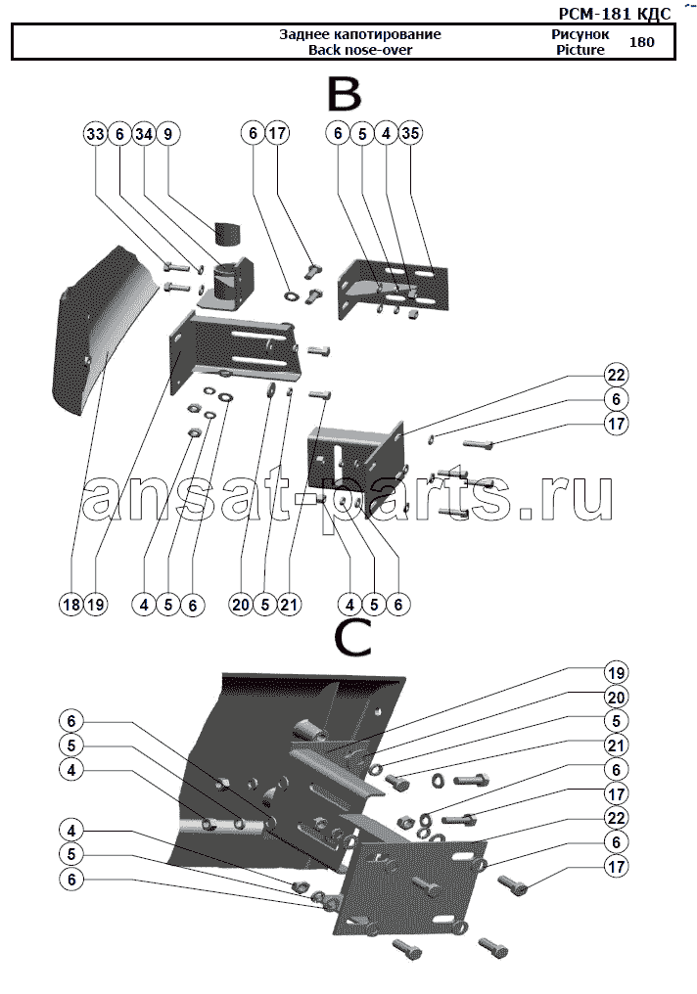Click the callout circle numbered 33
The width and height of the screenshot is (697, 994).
click(95, 134)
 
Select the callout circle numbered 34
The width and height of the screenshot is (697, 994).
click(144, 134)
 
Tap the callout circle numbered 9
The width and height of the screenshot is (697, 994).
click(168, 134)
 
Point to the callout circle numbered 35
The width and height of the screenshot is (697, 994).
click(410, 133)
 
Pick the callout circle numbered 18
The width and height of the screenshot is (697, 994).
click(71, 605)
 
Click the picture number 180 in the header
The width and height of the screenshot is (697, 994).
click(641, 42)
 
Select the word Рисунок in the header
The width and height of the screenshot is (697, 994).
click(580, 34)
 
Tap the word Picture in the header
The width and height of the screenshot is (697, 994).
click(581, 50)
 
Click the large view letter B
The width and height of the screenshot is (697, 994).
click(344, 95)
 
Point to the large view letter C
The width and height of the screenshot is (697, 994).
click(352, 637)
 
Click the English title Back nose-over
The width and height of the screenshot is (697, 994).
click(360, 50)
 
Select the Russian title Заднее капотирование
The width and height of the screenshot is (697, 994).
click(360, 34)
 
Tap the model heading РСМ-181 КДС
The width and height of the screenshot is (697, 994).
click(614, 14)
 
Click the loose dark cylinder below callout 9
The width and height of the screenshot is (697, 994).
click(226, 235)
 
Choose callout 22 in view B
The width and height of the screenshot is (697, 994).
click(616, 376)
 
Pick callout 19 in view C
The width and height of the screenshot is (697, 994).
click(616, 672)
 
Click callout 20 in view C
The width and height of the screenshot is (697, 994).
click(616, 698)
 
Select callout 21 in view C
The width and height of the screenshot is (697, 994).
click(616, 745)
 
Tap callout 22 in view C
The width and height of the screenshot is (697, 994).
click(616, 818)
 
